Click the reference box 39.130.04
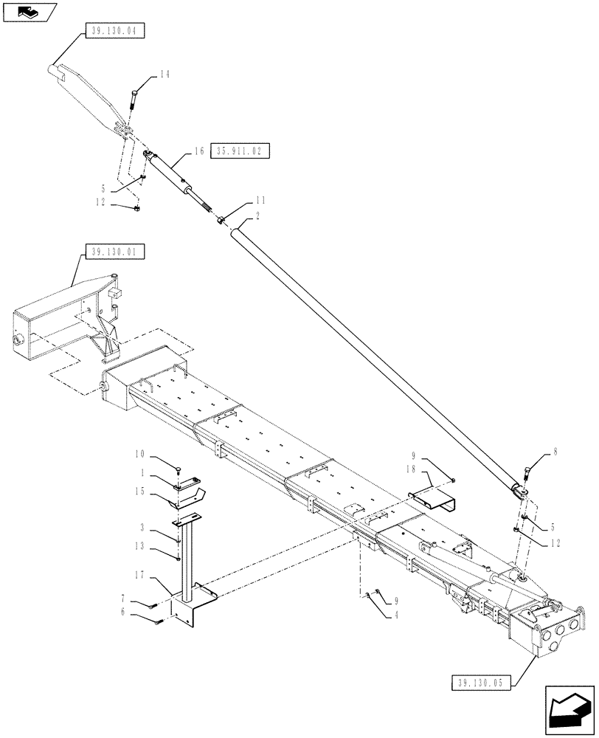pos(117,31)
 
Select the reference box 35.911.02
pos(240,151)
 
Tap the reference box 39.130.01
pos(117,252)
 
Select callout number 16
pos(198,151)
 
